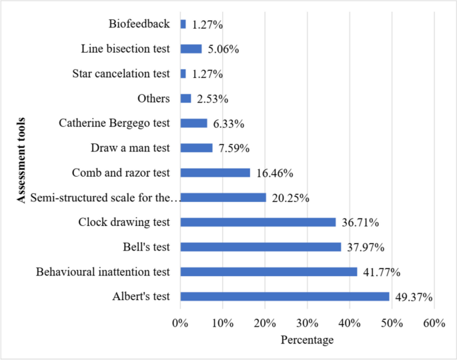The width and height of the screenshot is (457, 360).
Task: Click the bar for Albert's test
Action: coord(284,297)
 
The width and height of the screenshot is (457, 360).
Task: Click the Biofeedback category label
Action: coord(139,24)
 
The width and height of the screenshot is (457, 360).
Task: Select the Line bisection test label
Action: coord(125,49)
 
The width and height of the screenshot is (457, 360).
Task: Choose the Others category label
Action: coord(153,99)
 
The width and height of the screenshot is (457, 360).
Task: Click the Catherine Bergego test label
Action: coord(114,123)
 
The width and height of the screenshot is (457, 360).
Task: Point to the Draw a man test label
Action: coord(130,148)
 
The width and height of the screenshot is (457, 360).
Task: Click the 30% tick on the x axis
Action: coord(307,323)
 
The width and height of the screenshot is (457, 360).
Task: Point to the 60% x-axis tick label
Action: coord(434,323)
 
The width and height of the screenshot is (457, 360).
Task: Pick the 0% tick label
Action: coord(180,323)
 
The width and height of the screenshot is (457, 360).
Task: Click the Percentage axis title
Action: coord(307,340)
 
